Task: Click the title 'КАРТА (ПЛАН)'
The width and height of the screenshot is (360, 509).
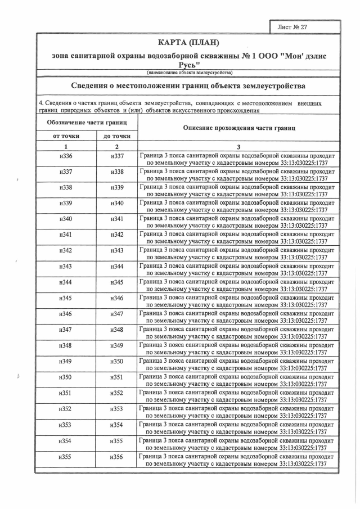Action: (x=188, y=43)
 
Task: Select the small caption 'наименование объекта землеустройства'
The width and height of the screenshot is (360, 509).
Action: (x=188, y=73)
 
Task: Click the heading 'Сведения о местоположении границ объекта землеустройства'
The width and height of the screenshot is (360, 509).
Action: (x=188, y=86)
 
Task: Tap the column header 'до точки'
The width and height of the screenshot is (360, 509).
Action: (x=117, y=136)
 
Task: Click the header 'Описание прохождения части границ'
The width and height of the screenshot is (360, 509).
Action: (x=238, y=128)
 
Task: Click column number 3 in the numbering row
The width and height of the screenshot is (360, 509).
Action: (x=238, y=146)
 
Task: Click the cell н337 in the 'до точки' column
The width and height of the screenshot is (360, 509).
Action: (x=117, y=156)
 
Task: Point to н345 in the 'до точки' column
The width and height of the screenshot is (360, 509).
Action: (x=117, y=282)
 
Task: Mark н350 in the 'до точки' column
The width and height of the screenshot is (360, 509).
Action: (x=117, y=361)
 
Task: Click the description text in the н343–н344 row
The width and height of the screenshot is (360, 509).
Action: (x=237, y=269)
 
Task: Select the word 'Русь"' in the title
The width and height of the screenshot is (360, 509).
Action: (x=188, y=65)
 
